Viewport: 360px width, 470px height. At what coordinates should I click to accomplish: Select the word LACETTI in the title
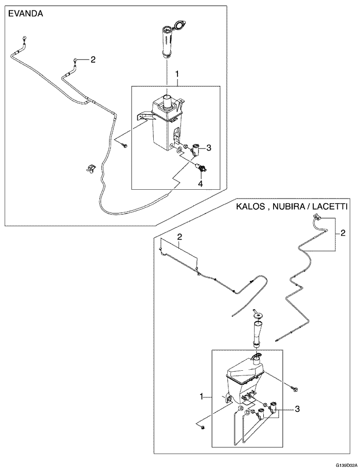[329, 207]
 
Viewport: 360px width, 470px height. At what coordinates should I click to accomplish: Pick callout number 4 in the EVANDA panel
[201, 183]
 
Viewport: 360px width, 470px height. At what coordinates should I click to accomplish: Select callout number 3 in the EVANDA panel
[209, 148]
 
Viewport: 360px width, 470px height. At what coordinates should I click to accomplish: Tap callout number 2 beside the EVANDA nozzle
[93, 60]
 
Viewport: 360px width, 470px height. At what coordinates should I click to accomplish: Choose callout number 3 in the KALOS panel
[297, 409]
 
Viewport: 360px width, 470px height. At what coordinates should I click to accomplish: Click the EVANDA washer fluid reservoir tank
[166, 123]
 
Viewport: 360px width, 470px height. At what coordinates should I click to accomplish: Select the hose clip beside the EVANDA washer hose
[90, 168]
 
